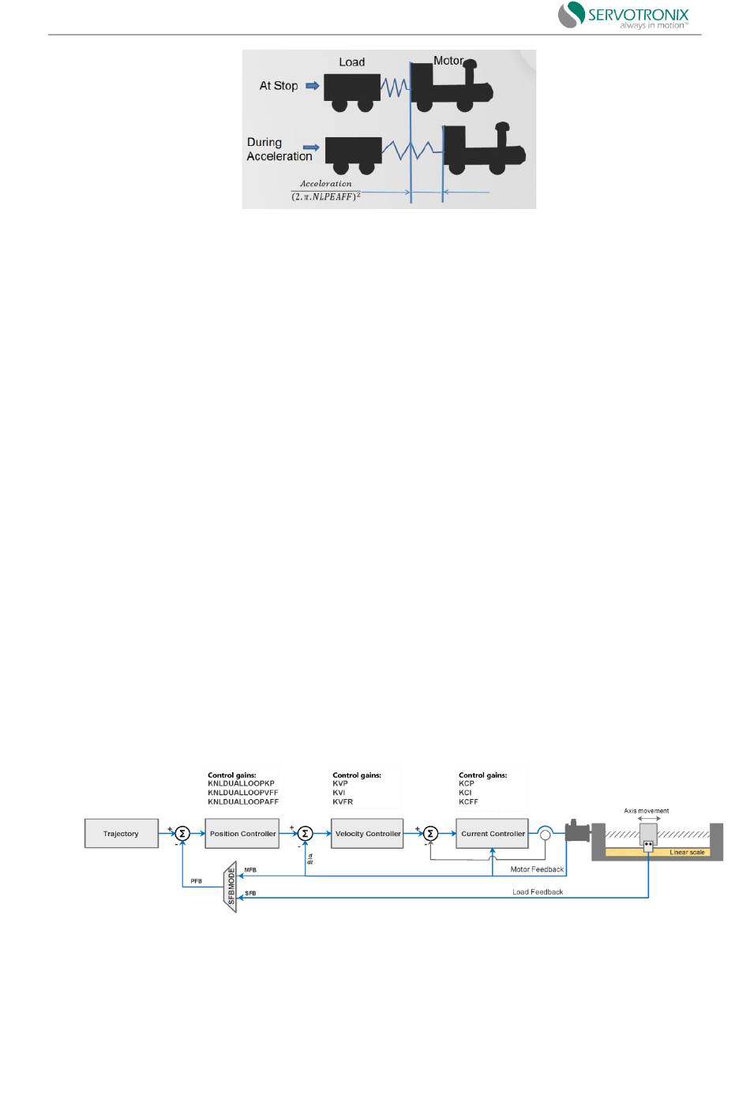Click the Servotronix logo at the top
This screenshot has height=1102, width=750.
623,16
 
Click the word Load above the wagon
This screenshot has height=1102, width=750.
351,62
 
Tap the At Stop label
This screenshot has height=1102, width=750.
279,86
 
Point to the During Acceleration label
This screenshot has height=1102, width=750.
279,149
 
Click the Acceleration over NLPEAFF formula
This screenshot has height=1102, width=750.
326,190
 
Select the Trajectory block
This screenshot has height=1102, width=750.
121,834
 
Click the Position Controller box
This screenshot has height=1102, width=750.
242,834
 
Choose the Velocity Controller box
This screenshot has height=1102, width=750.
367,834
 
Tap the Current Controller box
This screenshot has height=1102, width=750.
493,834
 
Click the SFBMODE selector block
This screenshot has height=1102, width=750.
231,887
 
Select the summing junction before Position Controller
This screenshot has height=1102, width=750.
182,834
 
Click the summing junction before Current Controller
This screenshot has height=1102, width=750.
430,834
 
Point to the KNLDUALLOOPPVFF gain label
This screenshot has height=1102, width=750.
243,793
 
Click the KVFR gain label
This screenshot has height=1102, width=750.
343,802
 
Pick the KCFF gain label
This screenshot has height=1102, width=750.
468,802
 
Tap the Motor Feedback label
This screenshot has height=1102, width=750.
537,869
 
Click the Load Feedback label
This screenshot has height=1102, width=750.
538,892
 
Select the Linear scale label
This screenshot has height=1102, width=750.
687,853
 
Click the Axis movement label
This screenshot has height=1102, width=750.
646,811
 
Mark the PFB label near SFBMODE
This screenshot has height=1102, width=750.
196,881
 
